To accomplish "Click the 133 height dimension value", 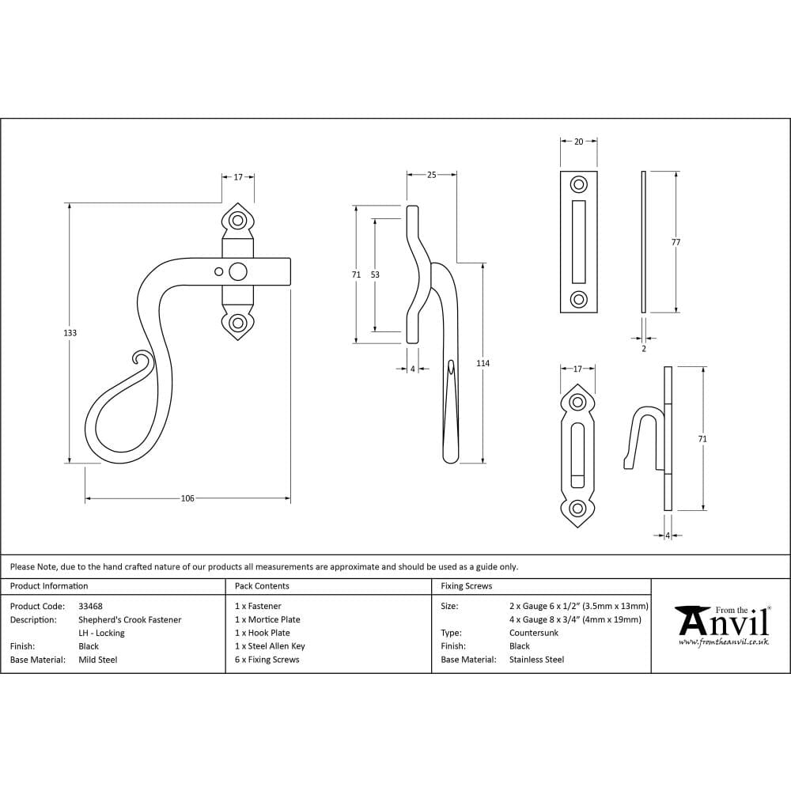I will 70,333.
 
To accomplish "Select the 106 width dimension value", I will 187,498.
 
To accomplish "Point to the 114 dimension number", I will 483,363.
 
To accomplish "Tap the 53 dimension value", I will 375,274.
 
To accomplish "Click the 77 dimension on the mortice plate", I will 676,242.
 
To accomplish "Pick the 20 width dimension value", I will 578,142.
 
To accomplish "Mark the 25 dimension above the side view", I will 431,175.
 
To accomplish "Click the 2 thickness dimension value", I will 643,348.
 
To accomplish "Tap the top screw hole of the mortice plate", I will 579,185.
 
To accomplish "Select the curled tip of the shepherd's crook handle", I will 142,361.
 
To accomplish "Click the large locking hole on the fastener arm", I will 237,273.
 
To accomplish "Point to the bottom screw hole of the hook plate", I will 578,508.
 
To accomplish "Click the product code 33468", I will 90,606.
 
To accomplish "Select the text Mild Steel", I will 97,660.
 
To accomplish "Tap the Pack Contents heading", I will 262,586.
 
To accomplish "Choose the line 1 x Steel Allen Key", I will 270,646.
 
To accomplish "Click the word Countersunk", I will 534,633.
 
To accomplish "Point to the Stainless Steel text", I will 536,660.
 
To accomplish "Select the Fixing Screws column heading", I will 467,586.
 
